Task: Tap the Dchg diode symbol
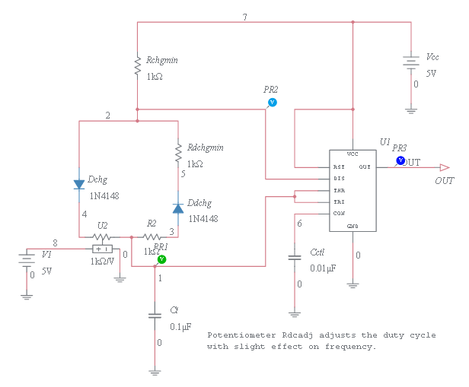coord(79,183)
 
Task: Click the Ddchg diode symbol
coord(177,206)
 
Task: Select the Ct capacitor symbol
coord(155,315)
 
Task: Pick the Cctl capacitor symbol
coord(294,258)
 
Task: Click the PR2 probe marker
coord(272,102)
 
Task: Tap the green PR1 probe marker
coord(161,259)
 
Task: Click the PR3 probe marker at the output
coord(400,160)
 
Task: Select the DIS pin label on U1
coord(339,179)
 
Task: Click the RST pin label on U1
coord(339,167)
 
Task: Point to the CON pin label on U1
coord(339,214)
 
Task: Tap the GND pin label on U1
coord(353,227)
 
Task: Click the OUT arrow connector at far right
coord(445,167)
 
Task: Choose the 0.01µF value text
coord(324,268)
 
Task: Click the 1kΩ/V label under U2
coord(102,261)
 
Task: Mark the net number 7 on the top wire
coord(244,17)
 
